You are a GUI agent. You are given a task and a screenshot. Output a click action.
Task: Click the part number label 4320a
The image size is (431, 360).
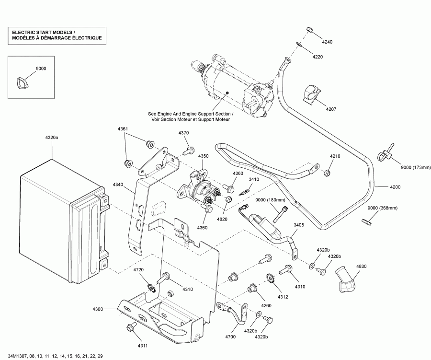tap(52, 138)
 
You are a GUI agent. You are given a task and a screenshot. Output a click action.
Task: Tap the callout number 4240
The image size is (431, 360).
tap(327, 42)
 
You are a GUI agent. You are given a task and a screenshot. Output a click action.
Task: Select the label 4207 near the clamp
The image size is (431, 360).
tap(331, 109)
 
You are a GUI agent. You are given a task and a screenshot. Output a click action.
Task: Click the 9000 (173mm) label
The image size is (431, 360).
tap(416, 167)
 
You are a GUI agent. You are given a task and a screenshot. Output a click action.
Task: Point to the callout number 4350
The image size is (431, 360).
tap(204, 156)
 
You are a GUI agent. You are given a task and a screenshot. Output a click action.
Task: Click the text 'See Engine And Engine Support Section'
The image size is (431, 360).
tap(191, 114)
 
